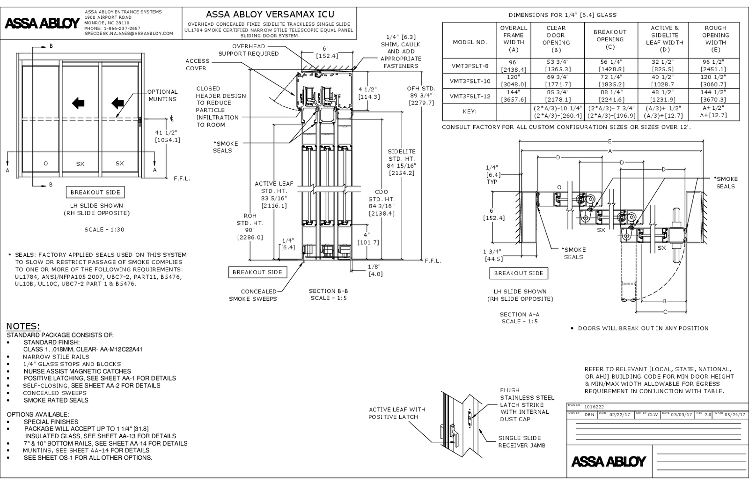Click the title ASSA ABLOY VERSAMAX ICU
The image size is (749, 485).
270,15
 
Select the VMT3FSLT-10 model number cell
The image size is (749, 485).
470,81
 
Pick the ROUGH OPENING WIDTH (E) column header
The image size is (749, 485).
715,38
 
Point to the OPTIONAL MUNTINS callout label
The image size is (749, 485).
162,95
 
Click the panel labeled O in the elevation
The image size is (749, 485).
45,164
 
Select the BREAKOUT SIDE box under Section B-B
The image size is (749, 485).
257,272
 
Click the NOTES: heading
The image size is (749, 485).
23,326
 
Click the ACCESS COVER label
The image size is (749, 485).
197,65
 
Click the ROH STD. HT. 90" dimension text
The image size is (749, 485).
250,226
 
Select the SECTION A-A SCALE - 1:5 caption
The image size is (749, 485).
519,318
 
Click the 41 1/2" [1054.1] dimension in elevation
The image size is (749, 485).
168,136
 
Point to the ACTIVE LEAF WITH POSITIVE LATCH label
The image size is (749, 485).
397,413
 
